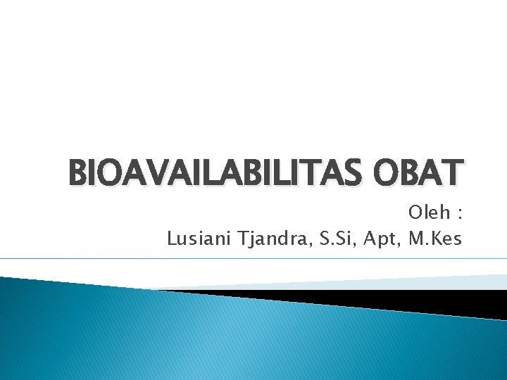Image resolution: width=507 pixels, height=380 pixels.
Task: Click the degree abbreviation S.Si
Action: (x=335, y=239)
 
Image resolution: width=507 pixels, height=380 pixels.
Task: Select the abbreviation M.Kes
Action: (x=435, y=239)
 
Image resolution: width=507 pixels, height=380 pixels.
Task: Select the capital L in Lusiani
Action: (x=171, y=239)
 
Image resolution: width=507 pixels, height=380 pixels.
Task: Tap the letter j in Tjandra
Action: (x=249, y=241)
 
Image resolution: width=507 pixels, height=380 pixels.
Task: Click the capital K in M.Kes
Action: (x=438, y=239)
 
